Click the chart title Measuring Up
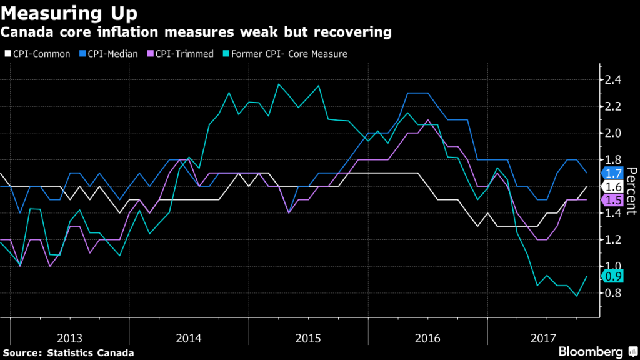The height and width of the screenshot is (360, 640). tap(70, 12)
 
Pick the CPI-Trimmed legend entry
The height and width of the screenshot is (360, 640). tap(187, 54)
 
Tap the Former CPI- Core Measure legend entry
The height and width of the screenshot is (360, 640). tap(289, 54)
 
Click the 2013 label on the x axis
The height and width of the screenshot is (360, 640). tap(70, 338)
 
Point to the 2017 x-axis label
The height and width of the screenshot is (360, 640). tap(542, 338)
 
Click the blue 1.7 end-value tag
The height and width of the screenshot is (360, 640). tap(612, 173)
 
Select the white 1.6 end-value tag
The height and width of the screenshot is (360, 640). tap(612, 186)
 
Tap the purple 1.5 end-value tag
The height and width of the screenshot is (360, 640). tap(612, 200)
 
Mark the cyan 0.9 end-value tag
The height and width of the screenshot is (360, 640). tap(612, 276)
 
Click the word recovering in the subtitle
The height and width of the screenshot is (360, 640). tap(359, 31)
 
